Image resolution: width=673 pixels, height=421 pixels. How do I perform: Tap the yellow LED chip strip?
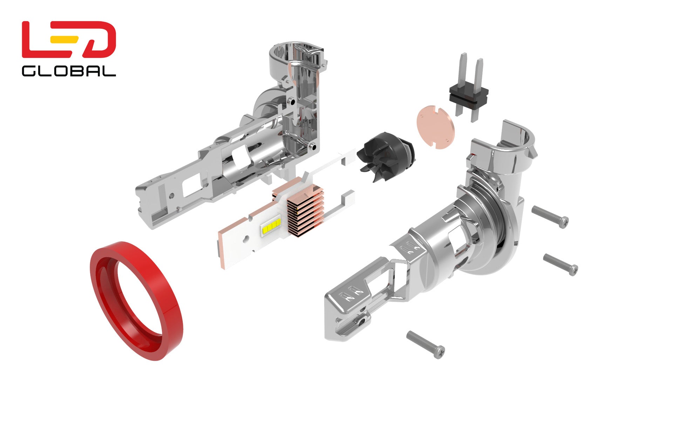pos(271,227)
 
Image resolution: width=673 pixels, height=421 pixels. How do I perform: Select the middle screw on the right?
pos(560,265)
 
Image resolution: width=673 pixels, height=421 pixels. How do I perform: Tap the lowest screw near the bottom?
pos(426,344)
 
